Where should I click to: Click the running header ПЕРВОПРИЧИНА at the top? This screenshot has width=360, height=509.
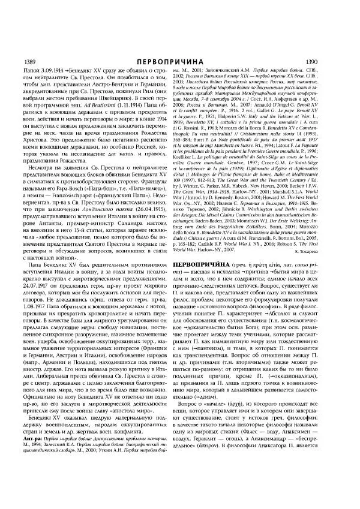179,61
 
